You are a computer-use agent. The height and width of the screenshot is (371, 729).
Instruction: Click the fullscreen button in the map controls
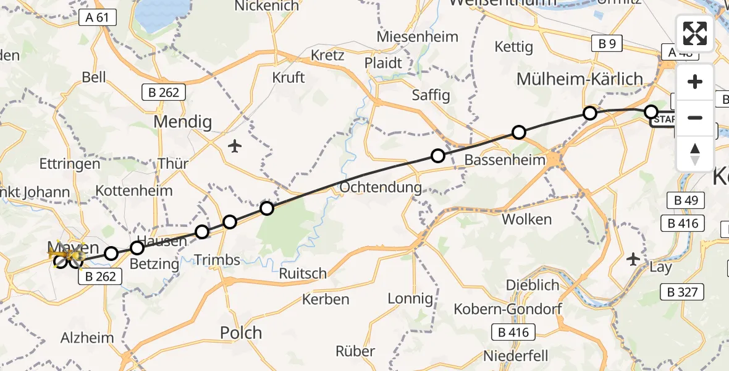point(695,33)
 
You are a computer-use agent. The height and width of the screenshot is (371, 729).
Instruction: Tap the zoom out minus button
point(695,117)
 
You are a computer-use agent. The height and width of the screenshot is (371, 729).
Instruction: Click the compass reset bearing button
point(695,153)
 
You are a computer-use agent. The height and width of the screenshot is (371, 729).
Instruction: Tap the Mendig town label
point(182,121)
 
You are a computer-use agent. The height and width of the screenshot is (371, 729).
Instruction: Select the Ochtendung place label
point(381,187)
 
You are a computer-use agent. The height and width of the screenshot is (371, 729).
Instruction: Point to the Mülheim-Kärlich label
point(579,79)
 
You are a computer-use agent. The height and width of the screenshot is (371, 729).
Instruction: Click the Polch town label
point(241,333)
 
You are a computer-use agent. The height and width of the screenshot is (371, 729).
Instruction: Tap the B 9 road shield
point(606,43)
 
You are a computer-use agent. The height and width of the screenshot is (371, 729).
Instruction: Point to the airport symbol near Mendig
point(234,147)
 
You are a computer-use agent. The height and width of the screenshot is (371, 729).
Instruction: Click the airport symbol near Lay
point(633,258)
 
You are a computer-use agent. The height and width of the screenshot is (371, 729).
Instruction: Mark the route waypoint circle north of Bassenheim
point(519,132)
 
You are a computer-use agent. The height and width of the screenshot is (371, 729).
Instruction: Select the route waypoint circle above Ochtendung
point(437,156)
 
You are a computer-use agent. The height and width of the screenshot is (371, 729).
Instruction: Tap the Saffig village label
point(431,96)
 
